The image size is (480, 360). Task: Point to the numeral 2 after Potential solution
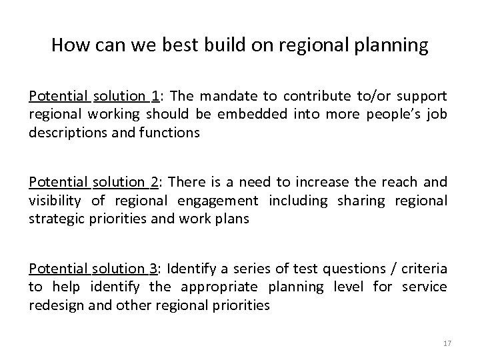point(155,182)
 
